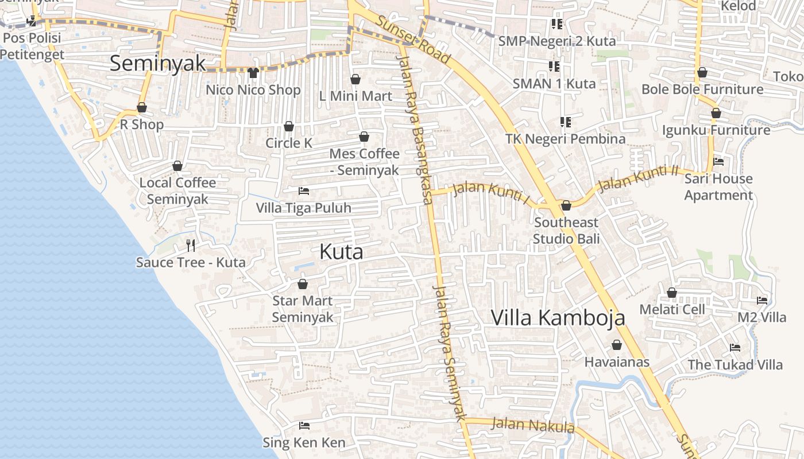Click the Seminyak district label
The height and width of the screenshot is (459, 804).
point(157,64)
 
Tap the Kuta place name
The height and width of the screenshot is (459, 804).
point(341,252)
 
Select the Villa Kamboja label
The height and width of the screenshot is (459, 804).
point(558,317)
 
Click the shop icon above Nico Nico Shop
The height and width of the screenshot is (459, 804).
point(253,73)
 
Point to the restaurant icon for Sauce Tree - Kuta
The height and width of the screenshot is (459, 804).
point(191,246)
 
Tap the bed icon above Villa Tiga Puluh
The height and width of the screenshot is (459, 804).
point(304,190)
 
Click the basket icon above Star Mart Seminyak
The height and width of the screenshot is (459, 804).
point(303,284)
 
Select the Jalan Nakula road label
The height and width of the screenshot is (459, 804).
point(534,425)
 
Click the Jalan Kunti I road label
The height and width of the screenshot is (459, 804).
point(491,192)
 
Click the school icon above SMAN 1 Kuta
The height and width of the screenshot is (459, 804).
point(554,67)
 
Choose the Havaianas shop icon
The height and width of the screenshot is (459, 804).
point(617,345)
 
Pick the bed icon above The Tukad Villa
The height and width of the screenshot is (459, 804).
point(735,347)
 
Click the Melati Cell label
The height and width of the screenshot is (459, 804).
point(672,310)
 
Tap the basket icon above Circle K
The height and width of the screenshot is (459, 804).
point(289,126)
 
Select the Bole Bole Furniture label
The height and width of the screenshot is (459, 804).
point(702,90)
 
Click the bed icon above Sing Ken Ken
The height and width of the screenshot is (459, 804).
point(304,426)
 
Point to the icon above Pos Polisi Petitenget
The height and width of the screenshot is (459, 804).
point(32,21)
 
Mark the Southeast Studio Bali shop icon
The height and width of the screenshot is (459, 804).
point(566,205)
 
